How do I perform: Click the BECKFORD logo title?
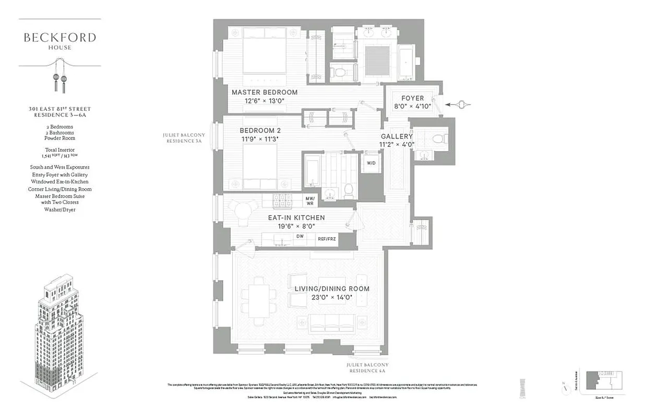pyautogui.click(x=59, y=38)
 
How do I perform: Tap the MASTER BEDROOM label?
pyautogui.click(x=265, y=92)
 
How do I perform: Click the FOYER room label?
pyautogui.click(x=412, y=98)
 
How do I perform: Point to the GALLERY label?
pyautogui.click(x=397, y=136)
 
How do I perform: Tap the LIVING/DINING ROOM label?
pyautogui.click(x=332, y=289)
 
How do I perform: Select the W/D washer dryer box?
pyautogui.click(x=371, y=163)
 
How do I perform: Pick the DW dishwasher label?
pyautogui.click(x=300, y=237)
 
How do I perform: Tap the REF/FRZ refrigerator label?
pyautogui.click(x=328, y=239)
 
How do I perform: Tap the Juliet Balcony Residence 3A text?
pyautogui.click(x=184, y=137)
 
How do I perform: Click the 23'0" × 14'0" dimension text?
pyautogui.click(x=332, y=298)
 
